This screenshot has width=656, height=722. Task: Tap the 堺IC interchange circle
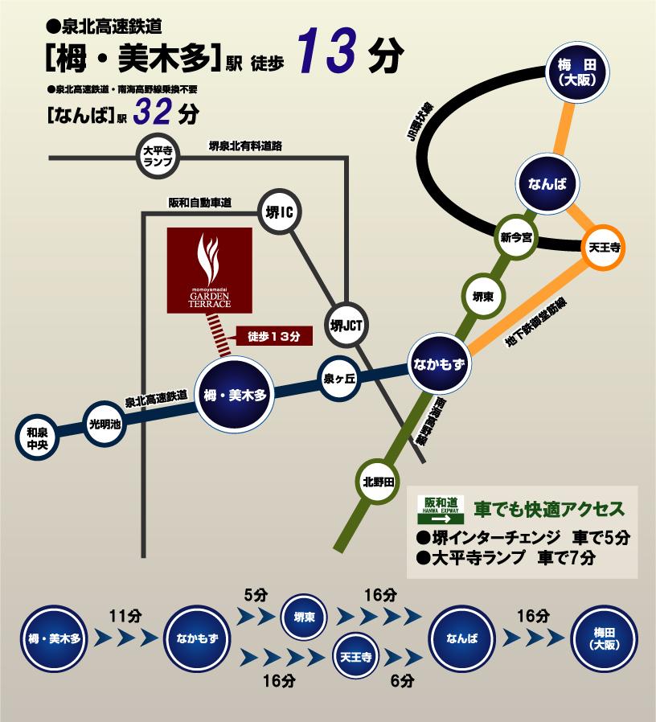point(282,211)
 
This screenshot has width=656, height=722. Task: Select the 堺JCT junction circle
point(348,324)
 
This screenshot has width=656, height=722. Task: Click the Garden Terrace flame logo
point(209,256)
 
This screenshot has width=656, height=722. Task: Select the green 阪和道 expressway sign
point(441,511)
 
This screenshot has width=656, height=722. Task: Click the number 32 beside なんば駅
point(152,113)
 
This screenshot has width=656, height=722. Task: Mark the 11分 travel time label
point(126,617)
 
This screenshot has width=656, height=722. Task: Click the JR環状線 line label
point(420,121)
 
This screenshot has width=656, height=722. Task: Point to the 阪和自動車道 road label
point(199,203)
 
